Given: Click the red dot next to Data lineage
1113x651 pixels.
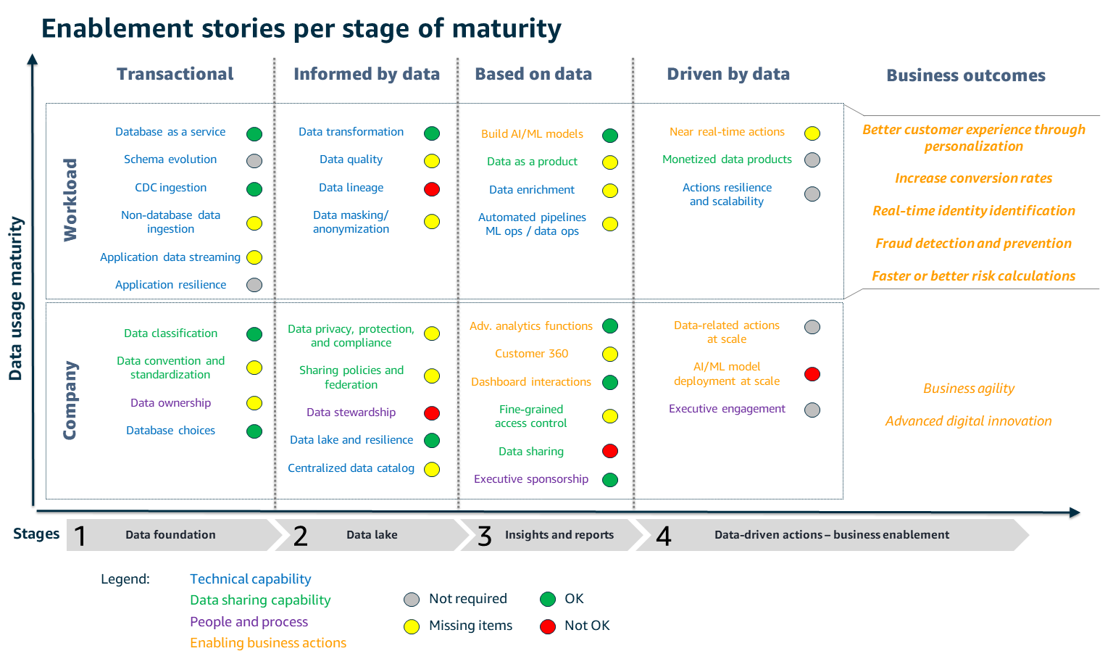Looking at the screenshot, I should (432, 189).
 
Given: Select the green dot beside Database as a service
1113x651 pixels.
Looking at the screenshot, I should (254, 134).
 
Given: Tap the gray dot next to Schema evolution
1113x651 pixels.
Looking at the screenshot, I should (254, 161).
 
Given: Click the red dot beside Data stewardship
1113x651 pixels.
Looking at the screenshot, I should (432, 413).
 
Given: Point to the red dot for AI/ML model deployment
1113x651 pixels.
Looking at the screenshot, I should (812, 374).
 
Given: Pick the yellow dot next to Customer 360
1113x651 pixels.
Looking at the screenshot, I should (610, 354).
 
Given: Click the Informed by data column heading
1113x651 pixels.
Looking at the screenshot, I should (367, 74).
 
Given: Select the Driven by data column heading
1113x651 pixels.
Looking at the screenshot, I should (728, 74).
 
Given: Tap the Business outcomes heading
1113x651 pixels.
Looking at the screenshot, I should (966, 75).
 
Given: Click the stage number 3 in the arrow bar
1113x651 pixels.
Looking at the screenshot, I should (485, 536).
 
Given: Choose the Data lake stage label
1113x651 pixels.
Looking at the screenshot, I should (372, 535).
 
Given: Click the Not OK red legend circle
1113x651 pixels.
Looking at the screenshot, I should (548, 626).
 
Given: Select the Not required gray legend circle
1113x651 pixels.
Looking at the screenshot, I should (412, 600).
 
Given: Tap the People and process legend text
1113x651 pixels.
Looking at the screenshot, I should (249, 622).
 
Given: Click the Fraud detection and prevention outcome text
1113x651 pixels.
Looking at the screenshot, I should (973, 244).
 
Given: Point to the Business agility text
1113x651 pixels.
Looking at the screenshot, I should (969, 389).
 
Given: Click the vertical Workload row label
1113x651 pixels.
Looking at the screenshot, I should (70, 200).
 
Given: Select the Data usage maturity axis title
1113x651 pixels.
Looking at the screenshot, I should (16, 298).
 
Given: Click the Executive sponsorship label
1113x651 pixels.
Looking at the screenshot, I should (531, 479).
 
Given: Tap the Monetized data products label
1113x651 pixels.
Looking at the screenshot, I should (727, 159).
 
